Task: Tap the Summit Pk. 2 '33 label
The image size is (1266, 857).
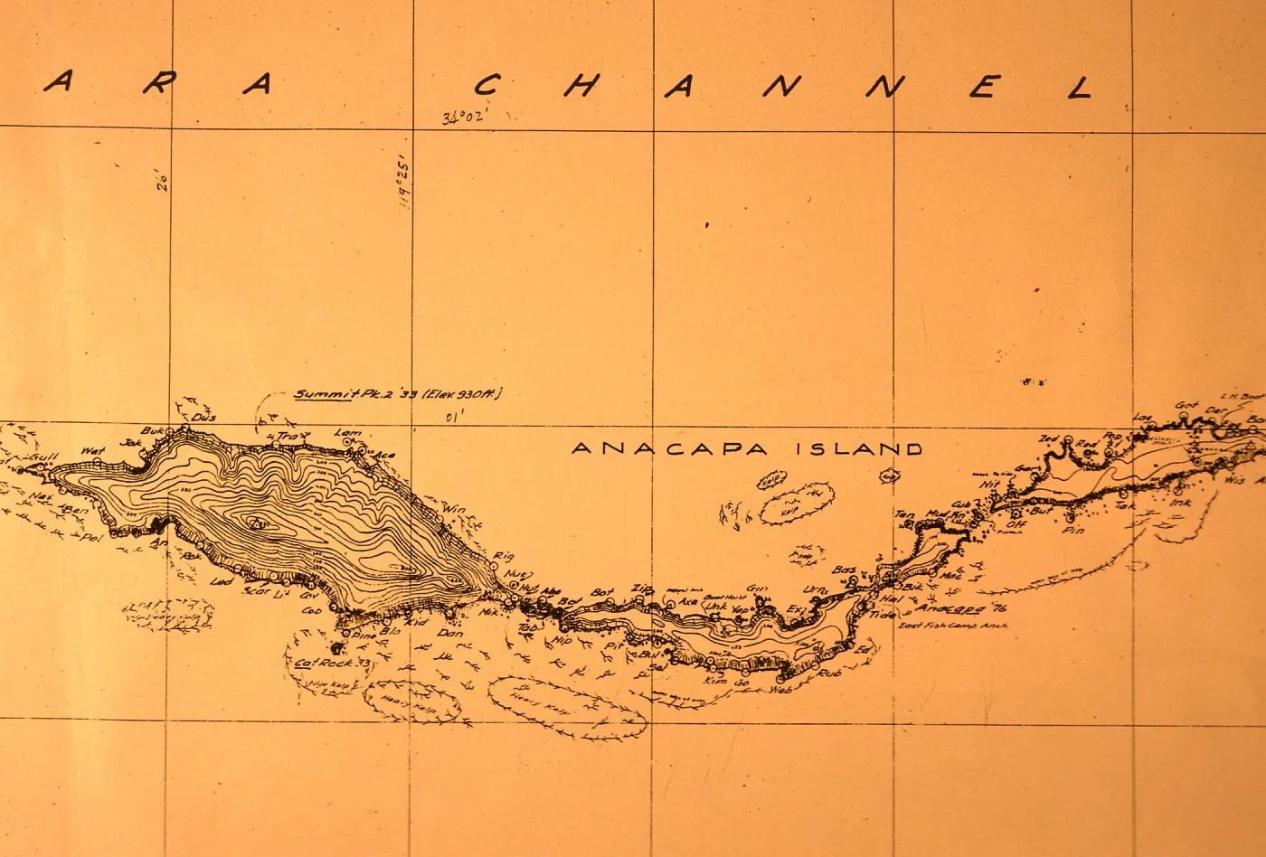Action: point(398,394)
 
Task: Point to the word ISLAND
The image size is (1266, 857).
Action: point(859,448)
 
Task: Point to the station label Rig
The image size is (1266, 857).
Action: point(503,556)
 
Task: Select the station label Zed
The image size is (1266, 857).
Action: point(1048,439)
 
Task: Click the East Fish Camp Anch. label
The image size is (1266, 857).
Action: point(952,626)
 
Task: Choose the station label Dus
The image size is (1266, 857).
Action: point(204,418)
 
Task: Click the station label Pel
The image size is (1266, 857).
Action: point(90,538)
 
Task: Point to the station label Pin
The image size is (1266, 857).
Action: point(1073,531)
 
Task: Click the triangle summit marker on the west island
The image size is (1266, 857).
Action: point(259,523)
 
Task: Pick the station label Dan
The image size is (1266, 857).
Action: point(449,633)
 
